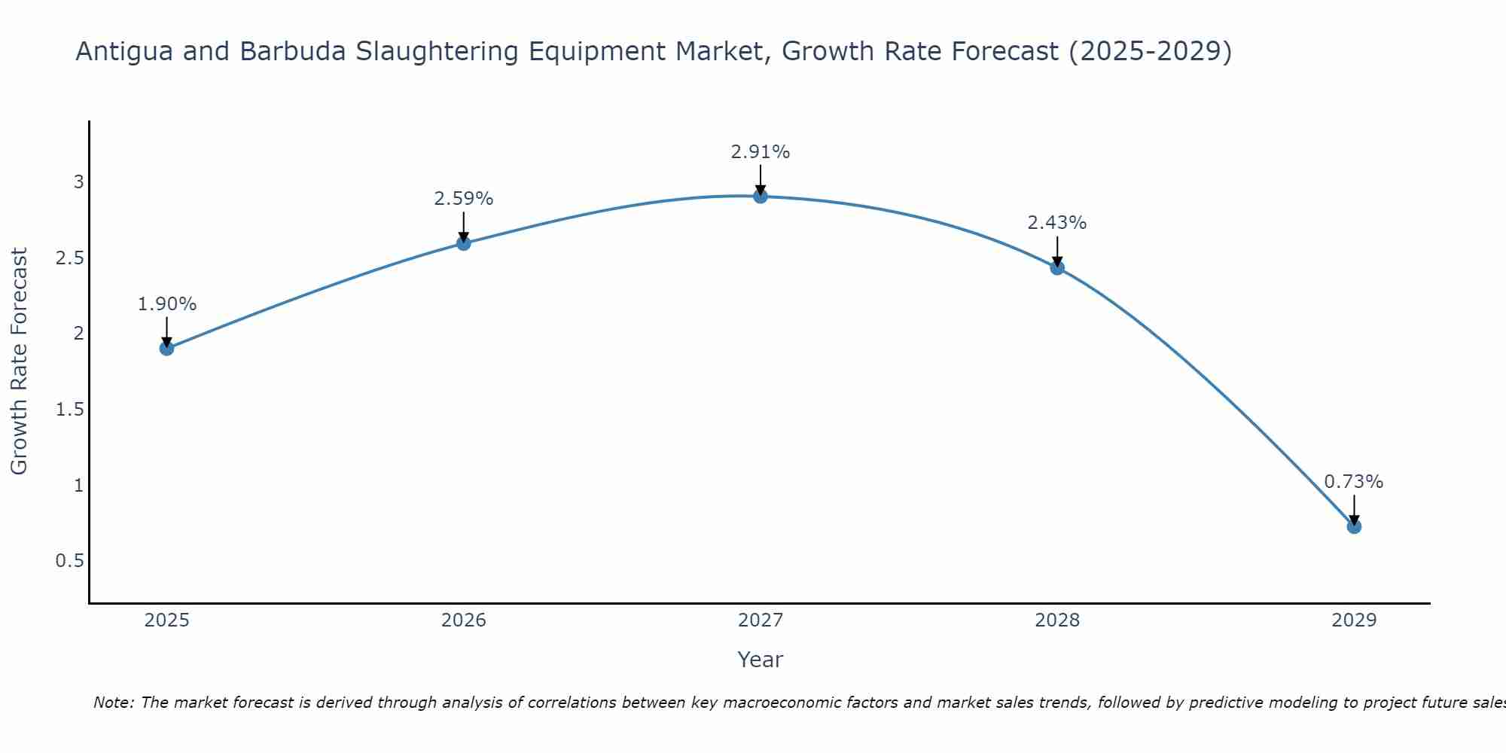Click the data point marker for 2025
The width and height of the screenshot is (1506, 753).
pos(166,348)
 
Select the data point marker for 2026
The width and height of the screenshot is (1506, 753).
pos(464,243)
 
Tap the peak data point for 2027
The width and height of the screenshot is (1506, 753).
pos(761,196)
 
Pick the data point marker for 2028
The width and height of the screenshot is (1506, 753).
pos(1057,267)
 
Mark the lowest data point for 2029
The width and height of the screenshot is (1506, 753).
pos(1354,526)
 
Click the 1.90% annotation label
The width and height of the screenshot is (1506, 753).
pos(166,304)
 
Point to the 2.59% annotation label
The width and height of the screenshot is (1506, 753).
pos(464,199)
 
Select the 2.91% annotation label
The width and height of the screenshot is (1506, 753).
pos(761,152)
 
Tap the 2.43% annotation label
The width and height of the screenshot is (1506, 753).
pos(1057,223)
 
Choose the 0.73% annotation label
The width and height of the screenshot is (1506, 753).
pos(1354,482)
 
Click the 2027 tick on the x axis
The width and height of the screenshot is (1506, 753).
pos(761,620)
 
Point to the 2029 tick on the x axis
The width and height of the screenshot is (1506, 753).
pos(1354,620)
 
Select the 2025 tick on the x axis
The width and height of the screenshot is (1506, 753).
pos(166,620)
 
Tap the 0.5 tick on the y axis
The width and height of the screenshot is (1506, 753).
pos(69,561)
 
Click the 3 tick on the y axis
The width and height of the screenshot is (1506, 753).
pos(78,181)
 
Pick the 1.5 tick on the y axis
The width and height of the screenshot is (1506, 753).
pos(69,409)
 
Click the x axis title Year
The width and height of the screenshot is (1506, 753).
pos(761,660)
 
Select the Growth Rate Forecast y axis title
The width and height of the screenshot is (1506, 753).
pos(20,361)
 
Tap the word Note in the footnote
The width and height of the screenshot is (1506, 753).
pos(113,703)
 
